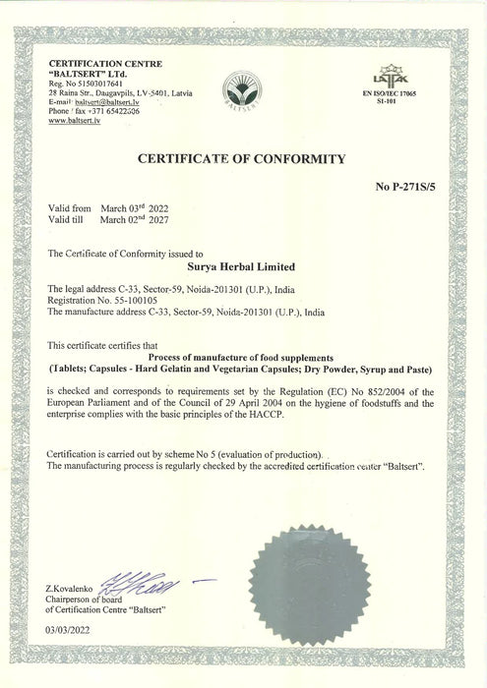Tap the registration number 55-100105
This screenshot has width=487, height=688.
148,302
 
